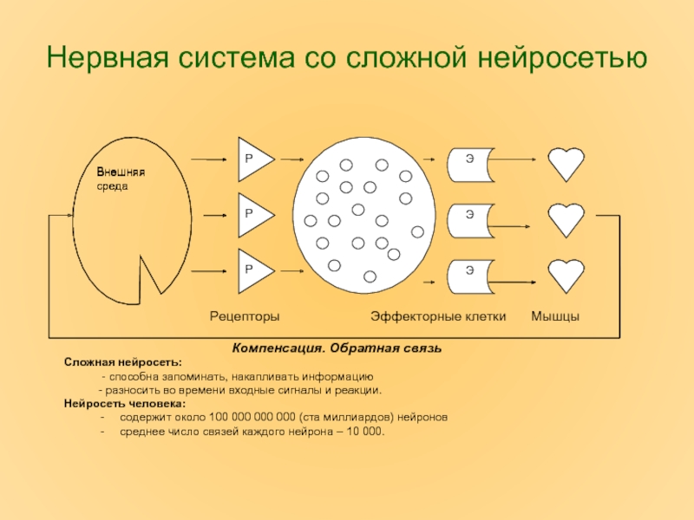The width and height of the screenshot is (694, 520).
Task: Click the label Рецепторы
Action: [x=246, y=316]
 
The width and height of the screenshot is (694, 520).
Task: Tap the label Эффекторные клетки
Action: [x=438, y=316]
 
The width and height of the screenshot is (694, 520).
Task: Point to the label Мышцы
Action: [x=555, y=316]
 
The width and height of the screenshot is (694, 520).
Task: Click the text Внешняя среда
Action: [x=120, y=179]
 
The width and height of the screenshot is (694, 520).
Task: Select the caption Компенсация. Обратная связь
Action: [x=337, y=348]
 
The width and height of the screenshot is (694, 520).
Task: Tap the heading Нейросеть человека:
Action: [x=125, y=404]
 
